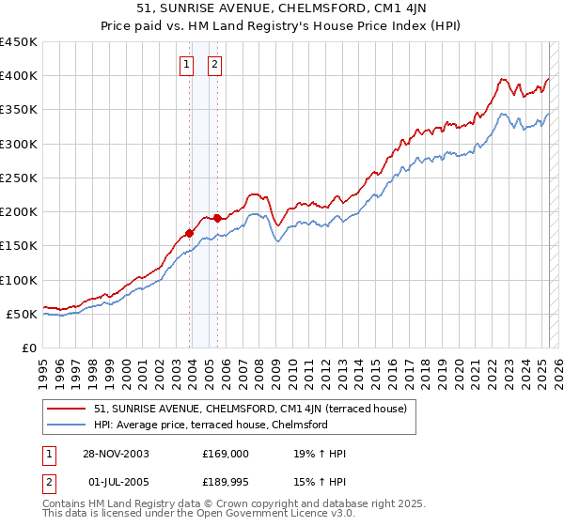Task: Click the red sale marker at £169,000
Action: click(x=190, y=233)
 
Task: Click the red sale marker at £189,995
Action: click(x=217, y=219)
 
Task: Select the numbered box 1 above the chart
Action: click(x=186, y=65)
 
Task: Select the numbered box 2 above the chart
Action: click(x=215, y=65)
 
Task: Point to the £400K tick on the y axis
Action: click(x=19, y=76)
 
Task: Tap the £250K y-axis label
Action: click(x=19, y=178)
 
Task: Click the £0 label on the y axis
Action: click(x=28, y=348)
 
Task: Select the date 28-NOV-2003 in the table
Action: click(x=115, y=454)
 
